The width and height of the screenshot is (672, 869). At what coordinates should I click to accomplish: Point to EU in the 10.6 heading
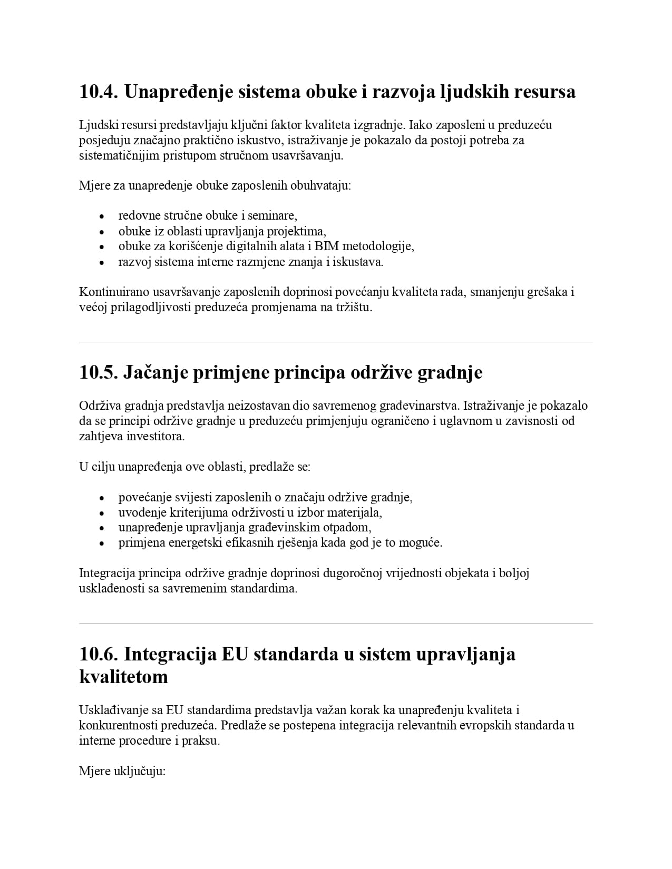tap(235, 654)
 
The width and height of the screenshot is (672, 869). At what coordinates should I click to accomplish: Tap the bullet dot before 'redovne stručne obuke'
tap(102, 216)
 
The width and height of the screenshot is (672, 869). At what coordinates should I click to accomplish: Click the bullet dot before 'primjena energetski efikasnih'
tap(102, 544)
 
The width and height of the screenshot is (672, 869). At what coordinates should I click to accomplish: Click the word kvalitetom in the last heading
tap(124, 677)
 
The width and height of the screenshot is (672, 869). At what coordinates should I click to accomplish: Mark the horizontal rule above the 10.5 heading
tap(336, 342)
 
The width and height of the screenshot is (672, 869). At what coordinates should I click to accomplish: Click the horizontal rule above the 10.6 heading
tap(336, 624)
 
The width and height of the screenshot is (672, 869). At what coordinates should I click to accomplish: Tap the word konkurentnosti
tap(120, 725)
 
